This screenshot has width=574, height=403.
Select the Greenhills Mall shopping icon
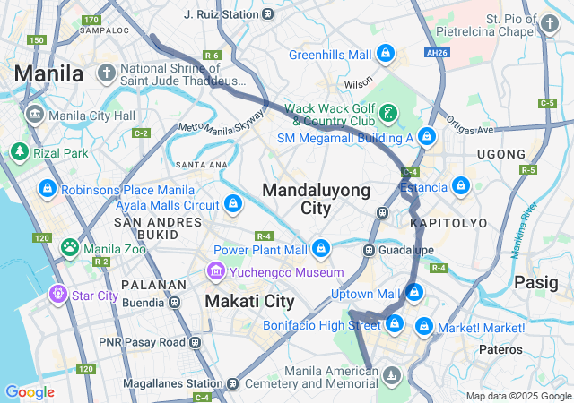(385, 55)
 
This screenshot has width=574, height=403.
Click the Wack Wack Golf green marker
(388, 113)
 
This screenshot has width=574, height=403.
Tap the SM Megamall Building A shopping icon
(428, 138)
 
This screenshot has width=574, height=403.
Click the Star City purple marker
(58, 293)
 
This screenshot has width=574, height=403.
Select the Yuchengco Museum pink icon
(215, 270)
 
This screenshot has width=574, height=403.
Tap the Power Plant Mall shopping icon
(321, 248)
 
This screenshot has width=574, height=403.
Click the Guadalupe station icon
(369, 250)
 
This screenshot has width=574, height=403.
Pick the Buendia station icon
(175, 303)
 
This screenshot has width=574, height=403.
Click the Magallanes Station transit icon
(233, 384)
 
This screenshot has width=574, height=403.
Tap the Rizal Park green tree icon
(20, 151)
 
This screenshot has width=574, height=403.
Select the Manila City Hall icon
(35, 115)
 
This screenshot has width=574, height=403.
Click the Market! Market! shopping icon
(424, 328)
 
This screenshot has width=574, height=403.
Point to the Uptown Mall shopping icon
(413, 292)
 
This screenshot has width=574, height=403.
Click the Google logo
(30, 392)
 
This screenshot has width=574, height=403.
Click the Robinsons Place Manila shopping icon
(47, 189)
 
